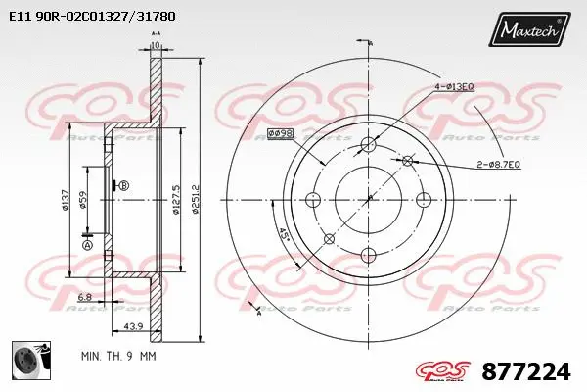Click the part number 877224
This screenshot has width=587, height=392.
526,372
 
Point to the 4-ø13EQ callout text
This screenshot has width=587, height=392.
453,87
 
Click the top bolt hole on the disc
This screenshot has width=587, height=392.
369,145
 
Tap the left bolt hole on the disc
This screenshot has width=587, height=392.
314,201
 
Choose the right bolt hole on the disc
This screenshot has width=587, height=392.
424,200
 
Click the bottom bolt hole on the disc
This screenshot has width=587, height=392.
369,256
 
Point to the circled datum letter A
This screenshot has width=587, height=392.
87,245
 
